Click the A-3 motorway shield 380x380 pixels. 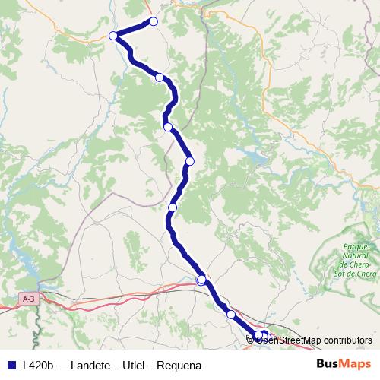(29, 299)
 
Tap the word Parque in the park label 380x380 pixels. (355, 247)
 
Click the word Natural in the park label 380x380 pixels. (355, 255)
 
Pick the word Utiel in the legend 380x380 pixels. (138, 366)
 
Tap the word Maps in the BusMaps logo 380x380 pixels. (354, 365)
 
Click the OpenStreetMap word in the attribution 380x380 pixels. (289, 340)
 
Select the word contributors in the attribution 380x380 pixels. (347, 340)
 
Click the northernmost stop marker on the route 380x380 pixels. (153, 21)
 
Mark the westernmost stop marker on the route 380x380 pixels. (113, 36)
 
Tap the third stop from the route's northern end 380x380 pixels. (159, 77)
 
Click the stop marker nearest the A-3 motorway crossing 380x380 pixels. (201, 280)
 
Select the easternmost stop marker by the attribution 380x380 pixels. (265, 335)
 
